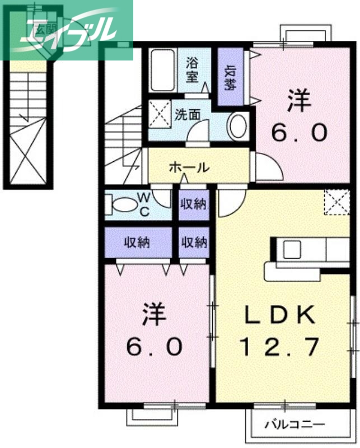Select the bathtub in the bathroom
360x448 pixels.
(164, 70)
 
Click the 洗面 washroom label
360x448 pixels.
(187, 115)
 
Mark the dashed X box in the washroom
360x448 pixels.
(160, 115)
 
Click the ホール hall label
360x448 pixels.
(189, 167)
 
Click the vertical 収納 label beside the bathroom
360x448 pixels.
(230, 77)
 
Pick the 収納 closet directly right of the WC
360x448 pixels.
(193, 204)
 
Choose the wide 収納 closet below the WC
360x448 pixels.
(138, 242)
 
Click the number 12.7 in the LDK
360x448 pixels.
(279, 348)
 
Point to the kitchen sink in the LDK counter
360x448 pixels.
(292, 249)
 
